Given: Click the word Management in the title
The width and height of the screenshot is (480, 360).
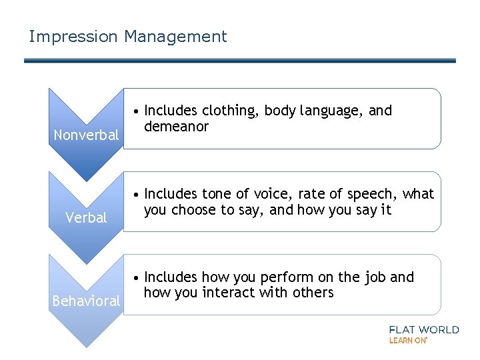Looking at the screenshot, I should click(175, 37).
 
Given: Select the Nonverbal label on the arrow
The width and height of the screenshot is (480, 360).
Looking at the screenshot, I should click(86, 135).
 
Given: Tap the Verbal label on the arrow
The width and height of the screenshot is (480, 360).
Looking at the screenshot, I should click(86, 218).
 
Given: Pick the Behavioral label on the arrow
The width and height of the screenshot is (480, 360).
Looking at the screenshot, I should click(86, 301).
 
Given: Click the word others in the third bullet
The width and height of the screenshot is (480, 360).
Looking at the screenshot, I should click(311, 293).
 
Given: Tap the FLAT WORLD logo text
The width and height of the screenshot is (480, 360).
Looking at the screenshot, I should click(423, 329).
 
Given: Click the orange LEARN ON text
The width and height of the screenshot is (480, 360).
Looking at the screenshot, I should click(407, 340).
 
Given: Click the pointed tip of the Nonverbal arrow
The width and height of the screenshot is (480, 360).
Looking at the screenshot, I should click(86, 180).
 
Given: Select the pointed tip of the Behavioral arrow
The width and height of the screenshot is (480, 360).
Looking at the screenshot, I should click(86, 346).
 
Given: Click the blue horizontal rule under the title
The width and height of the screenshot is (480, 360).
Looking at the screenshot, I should click(240, 61).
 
